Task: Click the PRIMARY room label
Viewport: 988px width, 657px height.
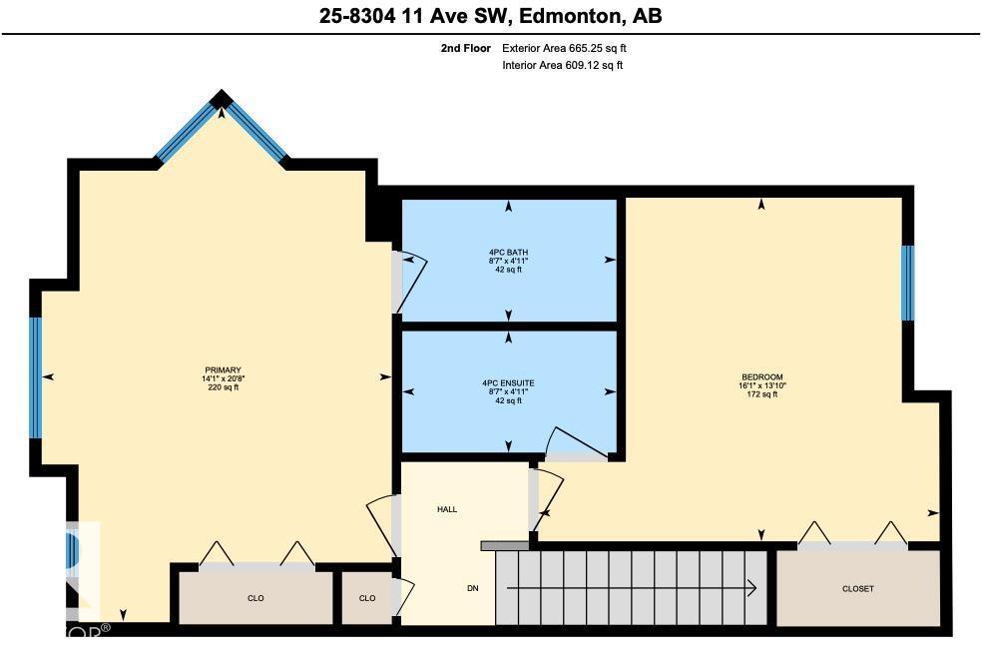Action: pos(221,370)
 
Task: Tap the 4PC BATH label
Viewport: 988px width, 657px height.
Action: pos(508,252)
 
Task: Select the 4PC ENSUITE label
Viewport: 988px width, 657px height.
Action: pos(508,382)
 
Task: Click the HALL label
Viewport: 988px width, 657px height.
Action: pos(447,509)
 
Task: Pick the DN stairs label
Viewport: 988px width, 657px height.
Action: pos(473,588)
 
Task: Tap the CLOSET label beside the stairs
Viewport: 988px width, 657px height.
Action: pos(858,589)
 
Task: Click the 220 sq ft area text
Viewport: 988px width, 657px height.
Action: pos(221,387)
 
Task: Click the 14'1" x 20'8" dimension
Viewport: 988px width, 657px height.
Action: pos(221,379)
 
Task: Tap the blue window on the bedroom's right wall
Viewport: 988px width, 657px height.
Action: pos(907,283)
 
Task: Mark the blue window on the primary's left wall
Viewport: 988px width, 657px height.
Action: pos(35,377)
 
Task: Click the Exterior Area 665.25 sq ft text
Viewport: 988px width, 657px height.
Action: pos(565,48)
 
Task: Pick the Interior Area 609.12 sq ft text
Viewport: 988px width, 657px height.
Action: pos(563,66)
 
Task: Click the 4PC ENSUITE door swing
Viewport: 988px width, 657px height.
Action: pos(574,444)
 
